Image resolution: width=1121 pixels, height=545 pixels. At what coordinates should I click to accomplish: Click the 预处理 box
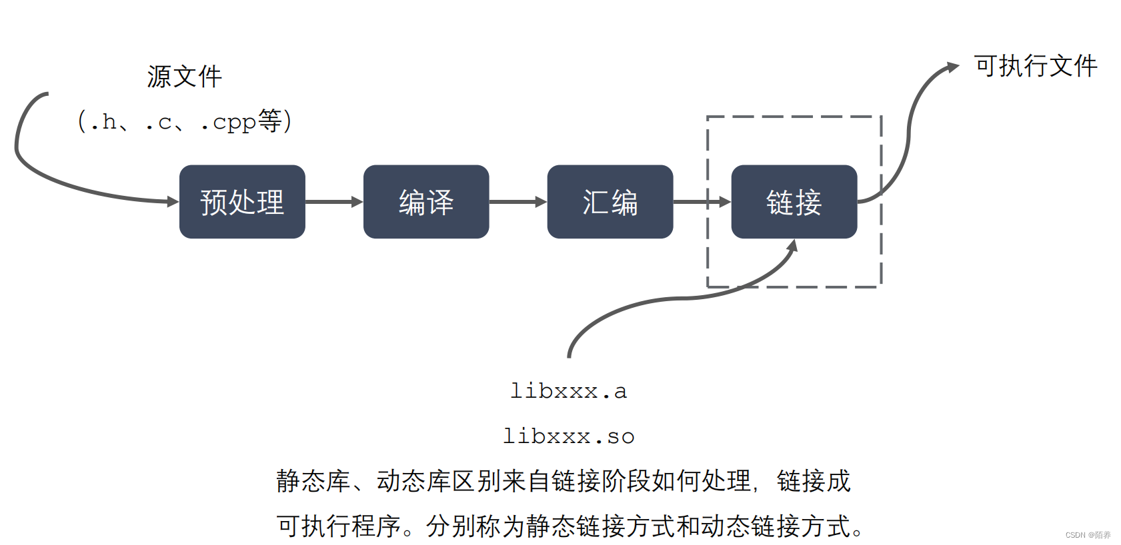click(x=242, y=202)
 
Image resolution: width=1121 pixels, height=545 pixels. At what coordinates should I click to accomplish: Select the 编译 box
click(x=426, y=202)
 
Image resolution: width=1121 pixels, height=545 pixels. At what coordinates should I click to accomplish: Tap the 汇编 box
click(x=610, y=202)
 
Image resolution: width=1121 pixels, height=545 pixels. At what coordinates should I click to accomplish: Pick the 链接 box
click(x=794, y=202)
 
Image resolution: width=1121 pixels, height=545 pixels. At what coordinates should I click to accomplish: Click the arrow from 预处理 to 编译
click(x=334, y=201)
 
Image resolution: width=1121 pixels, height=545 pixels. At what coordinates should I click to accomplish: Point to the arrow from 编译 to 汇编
click(x=518, y=201)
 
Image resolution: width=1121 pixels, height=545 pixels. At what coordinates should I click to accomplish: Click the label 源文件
click(x=185, y=77)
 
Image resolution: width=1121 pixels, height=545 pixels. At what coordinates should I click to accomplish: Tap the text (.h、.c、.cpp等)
click(x=185, y=122)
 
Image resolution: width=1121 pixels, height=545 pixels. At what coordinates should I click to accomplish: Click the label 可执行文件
click(x=1036, y=66)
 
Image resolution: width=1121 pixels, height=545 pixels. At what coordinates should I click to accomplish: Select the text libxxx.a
click(x=568, y=391)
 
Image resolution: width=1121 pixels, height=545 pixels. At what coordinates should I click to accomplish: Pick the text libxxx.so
click(x=568, y=436)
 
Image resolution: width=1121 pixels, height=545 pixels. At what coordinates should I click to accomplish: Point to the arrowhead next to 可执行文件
click(x=953, y=67)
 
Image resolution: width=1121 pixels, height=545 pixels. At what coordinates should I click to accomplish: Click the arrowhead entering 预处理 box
click(x=173, y=201)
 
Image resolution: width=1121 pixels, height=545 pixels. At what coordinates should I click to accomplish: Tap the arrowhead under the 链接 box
click(x=792, y=246)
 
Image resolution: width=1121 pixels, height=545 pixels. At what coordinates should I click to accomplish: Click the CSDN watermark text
click(x=1088, y=535)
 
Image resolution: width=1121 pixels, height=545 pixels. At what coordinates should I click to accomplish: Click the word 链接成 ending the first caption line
click(x=814, y=481)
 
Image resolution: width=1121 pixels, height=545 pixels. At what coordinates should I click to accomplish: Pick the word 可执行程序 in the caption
click(x=339, y=526)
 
